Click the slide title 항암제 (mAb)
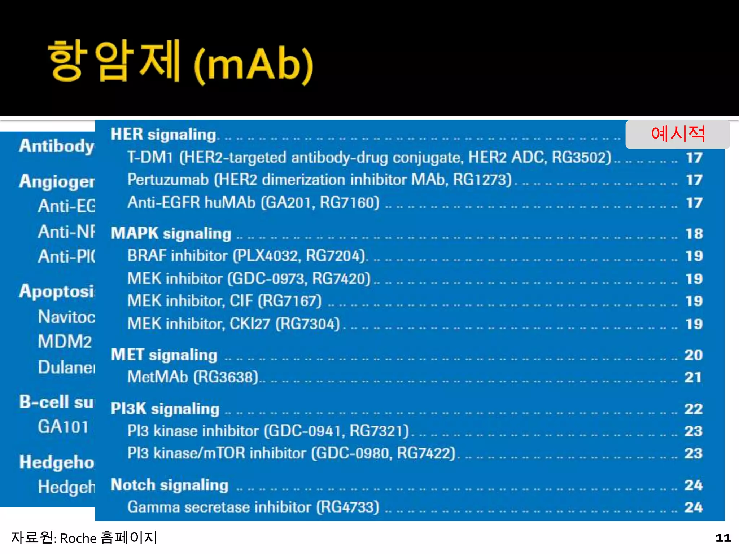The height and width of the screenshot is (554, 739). pos(180,62)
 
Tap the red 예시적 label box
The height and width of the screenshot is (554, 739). pos(678,134)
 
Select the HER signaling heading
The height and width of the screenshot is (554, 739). pos(163,135)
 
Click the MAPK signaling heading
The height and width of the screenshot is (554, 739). pos(171,234)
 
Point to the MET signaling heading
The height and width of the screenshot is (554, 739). pos(164,355)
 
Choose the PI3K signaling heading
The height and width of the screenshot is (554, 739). pos(165,409)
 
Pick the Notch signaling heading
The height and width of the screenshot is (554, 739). pos(170,485)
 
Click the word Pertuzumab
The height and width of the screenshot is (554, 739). pos(168,180)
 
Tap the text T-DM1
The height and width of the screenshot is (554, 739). pos(150,158)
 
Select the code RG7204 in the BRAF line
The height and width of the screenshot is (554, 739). pos(335,256)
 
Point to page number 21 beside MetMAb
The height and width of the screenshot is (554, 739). pos(693,378)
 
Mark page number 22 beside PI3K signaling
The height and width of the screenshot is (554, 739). pos(694,409)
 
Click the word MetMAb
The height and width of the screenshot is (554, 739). pos(158,377)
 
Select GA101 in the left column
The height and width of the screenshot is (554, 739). pos(63,427)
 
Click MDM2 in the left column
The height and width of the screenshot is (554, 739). pos(65,342)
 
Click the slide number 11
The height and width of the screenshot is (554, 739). pos(723,538)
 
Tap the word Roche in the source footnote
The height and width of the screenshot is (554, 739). pos(78,538)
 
